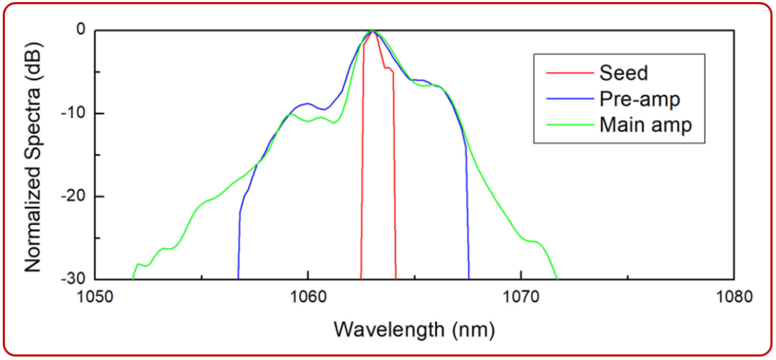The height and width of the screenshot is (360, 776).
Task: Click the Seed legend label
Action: (x=623, y=73)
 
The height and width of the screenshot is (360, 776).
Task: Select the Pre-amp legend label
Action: (x=638, y=98)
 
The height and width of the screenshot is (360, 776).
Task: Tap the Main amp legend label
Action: (x=645, y=124)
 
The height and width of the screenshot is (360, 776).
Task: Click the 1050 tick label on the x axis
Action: (x=96, y=296)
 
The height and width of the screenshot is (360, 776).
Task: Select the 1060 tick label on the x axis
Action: (x=308, y=296)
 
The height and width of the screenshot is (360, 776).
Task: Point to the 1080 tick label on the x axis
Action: (x=733, y=296)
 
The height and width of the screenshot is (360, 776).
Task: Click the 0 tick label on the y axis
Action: (x=80, y=30)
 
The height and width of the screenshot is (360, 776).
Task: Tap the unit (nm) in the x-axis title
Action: (x=470, y=330)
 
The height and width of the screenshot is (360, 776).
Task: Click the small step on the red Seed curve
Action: (x=388, y=69)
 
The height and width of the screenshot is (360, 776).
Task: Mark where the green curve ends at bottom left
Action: (x=133, y=278)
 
